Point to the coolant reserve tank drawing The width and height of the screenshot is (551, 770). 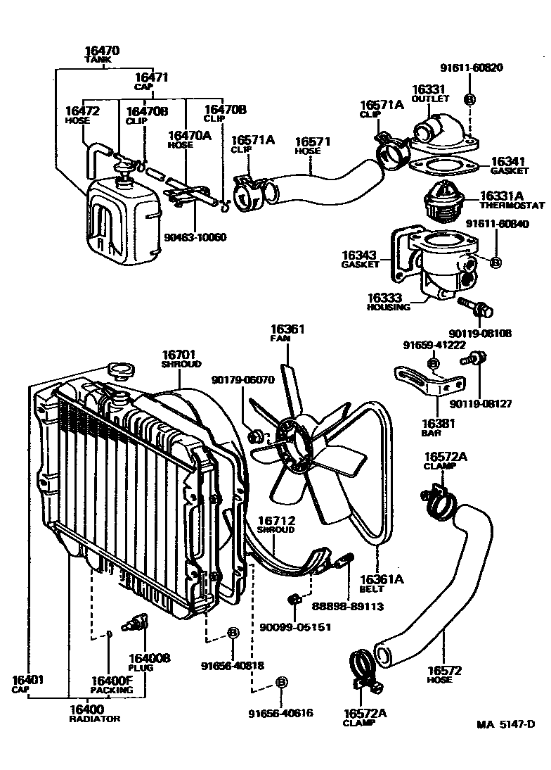point(119,218)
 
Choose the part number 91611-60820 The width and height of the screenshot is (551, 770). point(472,68)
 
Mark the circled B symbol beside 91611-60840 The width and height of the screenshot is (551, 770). point(495,263)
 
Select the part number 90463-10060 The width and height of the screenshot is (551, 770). point(197,236)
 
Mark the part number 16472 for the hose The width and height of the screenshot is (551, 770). point(82,111)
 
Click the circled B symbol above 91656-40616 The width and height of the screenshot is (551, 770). point(281,682)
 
